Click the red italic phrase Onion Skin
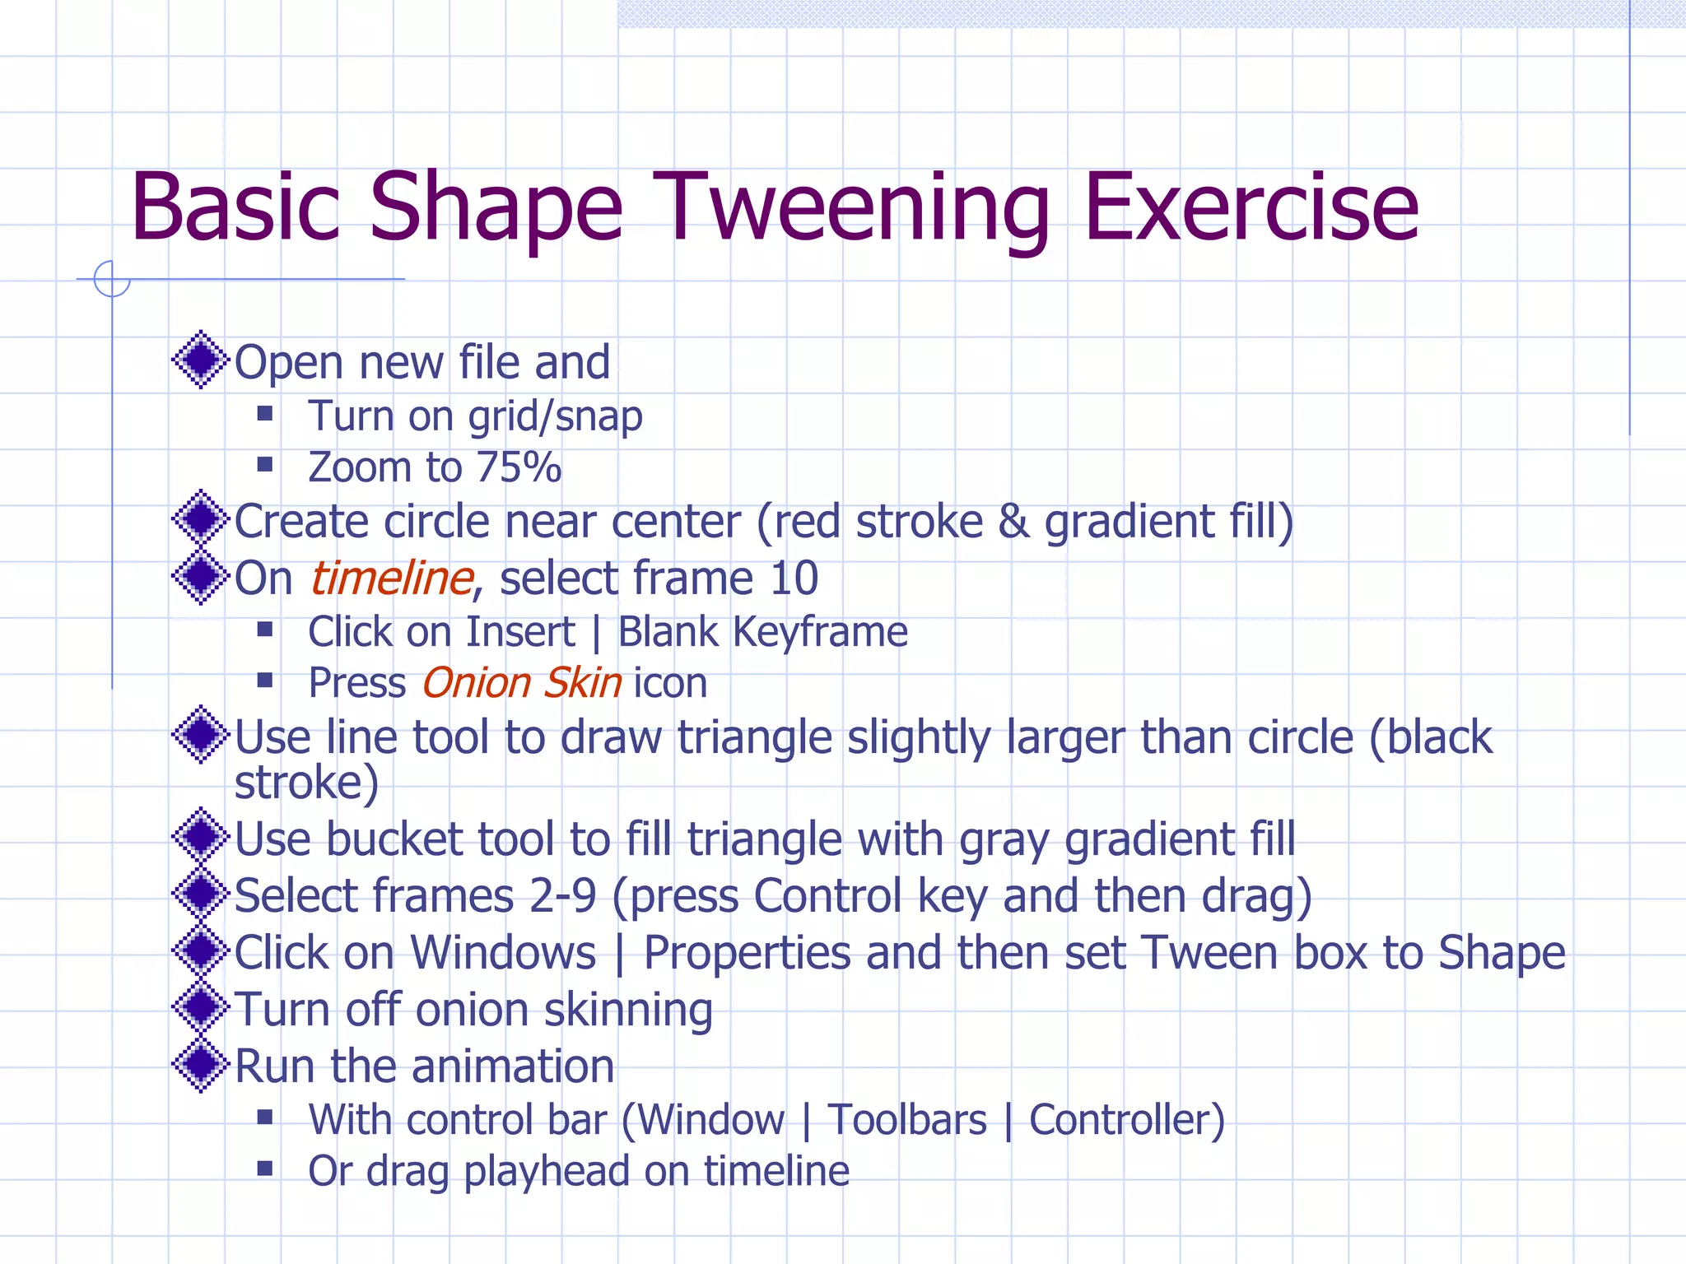(x=522, y=683)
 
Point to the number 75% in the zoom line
(x=519, y=467)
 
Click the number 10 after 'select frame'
(x=794, y=578)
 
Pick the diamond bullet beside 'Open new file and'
(x=200, y=360)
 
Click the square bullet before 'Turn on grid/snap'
(x=265, y=413)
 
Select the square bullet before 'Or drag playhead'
(x=265, y=1169)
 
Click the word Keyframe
(x=820, y=632)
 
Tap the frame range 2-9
(x=563, y=895)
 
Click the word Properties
(x=748, y=953)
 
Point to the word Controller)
(x=1127, y=1120)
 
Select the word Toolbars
(x=907, y=1120)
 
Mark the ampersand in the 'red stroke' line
(x=1013, y=523)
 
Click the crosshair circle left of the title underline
(x=112, y=279)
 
